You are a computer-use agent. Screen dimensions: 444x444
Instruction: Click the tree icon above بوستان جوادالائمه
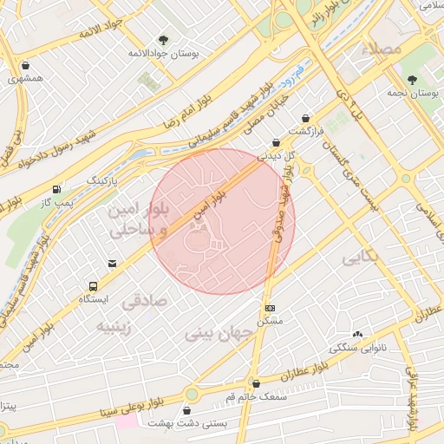coord(163,39)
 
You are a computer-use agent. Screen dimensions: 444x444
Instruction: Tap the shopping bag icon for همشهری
coord(25,65)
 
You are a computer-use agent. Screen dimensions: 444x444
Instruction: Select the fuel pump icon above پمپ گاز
coord(56,188)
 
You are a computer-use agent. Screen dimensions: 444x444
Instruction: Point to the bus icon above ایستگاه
coord(93,285)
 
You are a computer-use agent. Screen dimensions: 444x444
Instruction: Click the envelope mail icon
coord(112,263)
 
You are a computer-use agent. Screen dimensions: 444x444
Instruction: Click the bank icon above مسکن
coord(270,308)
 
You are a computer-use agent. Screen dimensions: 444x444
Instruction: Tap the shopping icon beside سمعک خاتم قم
coord(254,382)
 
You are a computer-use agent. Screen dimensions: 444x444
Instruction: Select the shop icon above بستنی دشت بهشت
coord(187,410)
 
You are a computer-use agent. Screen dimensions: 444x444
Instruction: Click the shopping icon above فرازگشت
coord(305,119)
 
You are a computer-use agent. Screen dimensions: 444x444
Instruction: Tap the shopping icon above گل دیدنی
coord(276,143)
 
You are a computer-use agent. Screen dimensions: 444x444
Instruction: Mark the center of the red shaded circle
coord(222,221)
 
